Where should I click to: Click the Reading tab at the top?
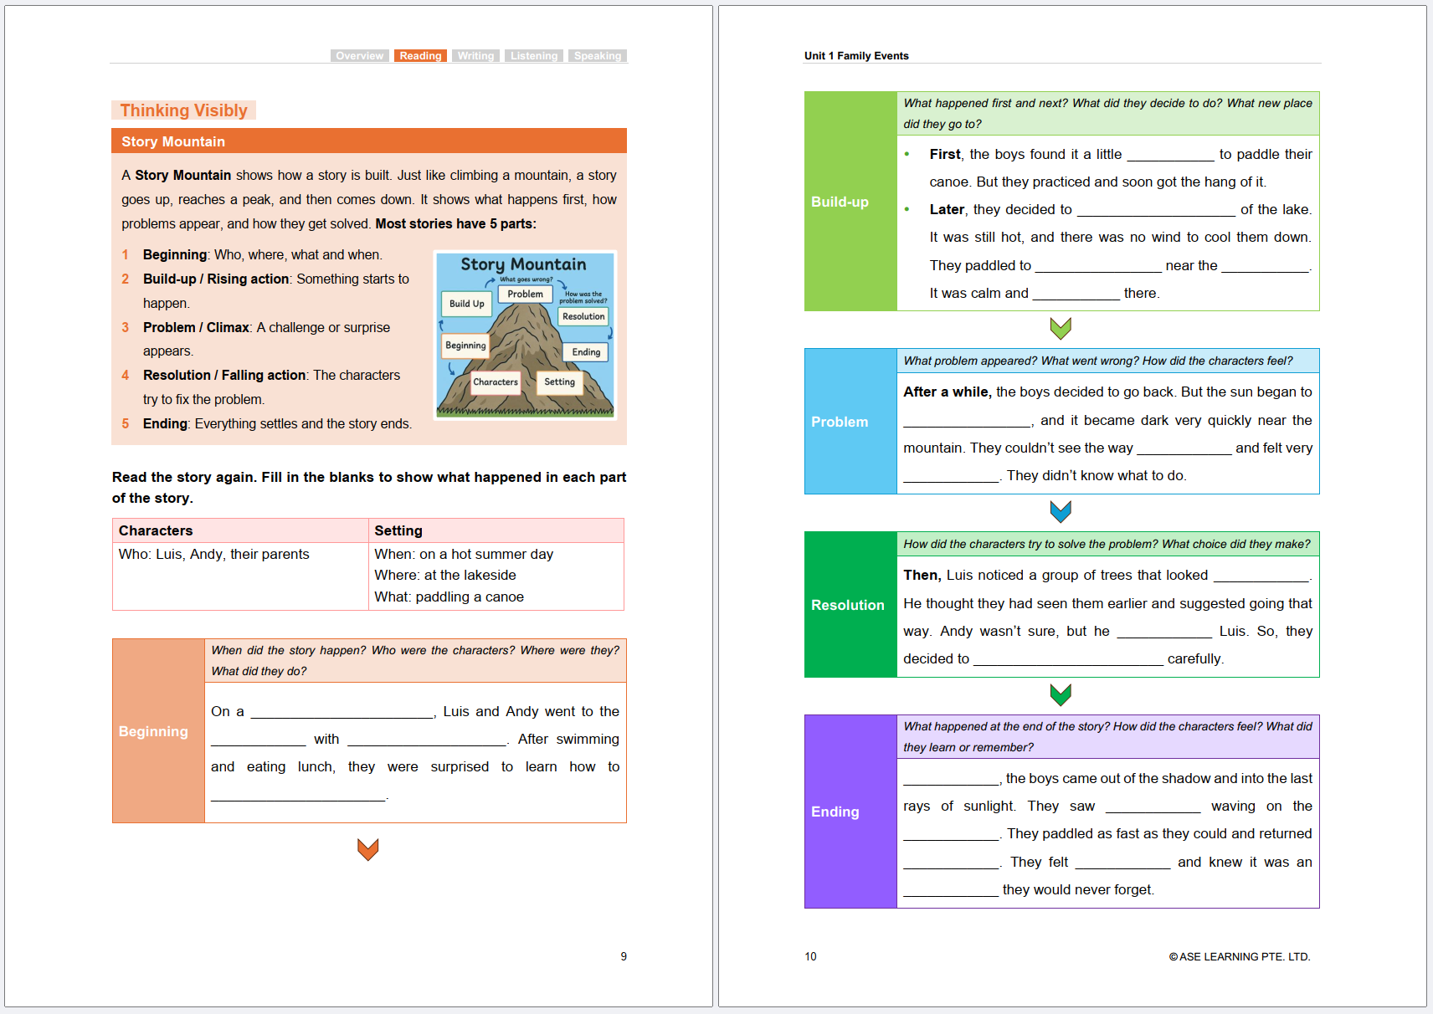coord(420,56)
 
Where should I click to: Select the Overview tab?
coord(359,56)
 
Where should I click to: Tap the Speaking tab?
coord(597,56)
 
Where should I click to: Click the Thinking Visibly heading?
coord(183,110)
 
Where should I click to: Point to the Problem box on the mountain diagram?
coord(525,294)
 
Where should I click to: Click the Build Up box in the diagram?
coord(466,304)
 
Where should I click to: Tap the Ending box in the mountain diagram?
coord(586,352)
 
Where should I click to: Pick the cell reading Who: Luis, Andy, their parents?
coord(214,554)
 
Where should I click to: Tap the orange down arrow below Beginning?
coord(368,849)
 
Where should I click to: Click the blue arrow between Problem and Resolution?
coord(1061,511)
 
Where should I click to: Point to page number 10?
coord(810,956)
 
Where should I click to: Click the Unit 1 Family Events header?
coord(856,56)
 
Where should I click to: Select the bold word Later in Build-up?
coord(947,209)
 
